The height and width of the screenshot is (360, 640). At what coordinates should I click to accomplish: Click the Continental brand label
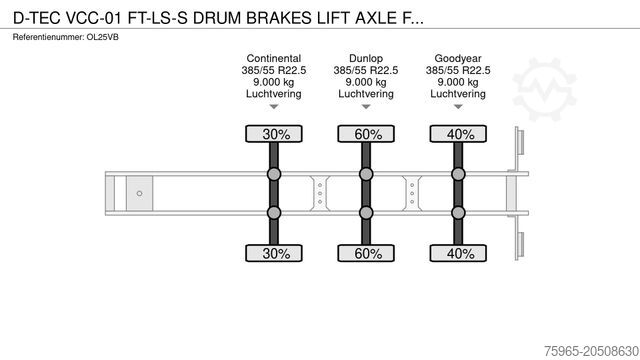pyautogui.click(x=272, y=58)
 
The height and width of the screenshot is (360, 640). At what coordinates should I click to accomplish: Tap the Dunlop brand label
pyautogui.click(x=364, y=58)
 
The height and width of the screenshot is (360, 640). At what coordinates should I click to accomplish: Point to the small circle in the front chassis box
pyautogui.click(x=140, y=193)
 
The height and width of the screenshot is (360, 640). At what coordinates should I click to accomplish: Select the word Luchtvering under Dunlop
pyautogui.click(x=364, y=94)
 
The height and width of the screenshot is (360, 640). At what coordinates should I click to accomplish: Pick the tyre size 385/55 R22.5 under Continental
pyautogui.click(x=272, y=70)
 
